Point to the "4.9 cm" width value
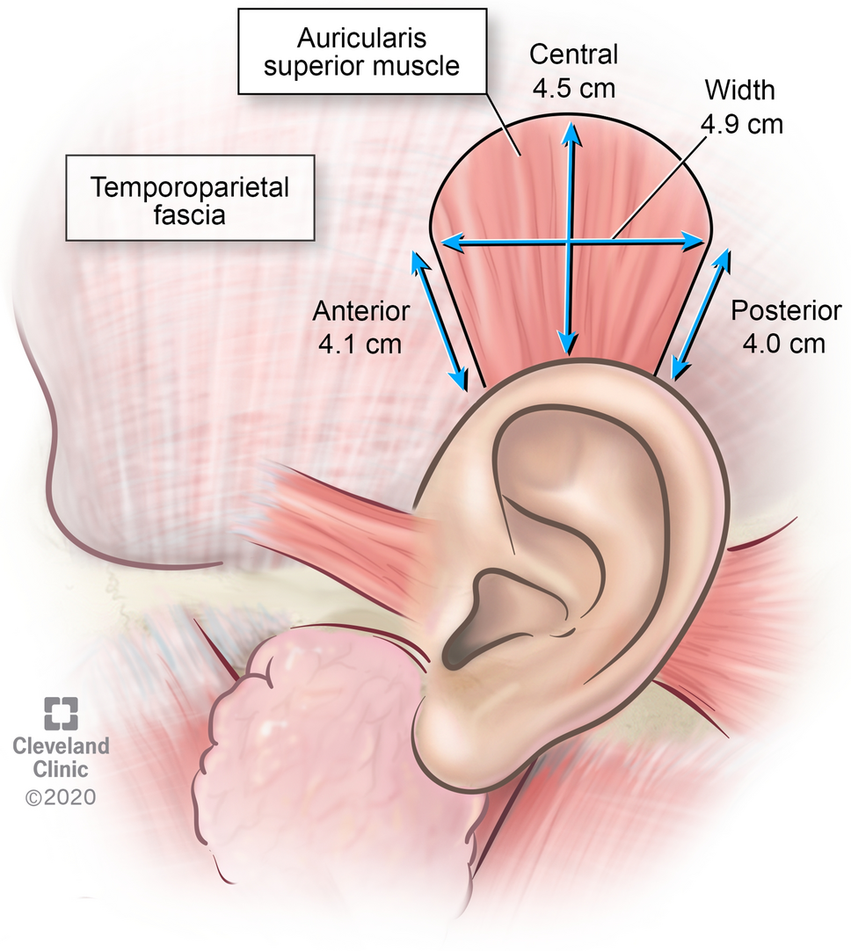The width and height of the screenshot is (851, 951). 740,124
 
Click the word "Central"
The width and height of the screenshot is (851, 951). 573,54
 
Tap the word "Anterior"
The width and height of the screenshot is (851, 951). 361,311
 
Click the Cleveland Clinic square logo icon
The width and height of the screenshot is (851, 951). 61,713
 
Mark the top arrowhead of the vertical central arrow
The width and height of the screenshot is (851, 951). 571,130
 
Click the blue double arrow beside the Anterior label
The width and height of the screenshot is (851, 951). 440,320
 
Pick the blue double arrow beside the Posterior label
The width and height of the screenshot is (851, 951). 701,314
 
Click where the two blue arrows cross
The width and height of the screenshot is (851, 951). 571,241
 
